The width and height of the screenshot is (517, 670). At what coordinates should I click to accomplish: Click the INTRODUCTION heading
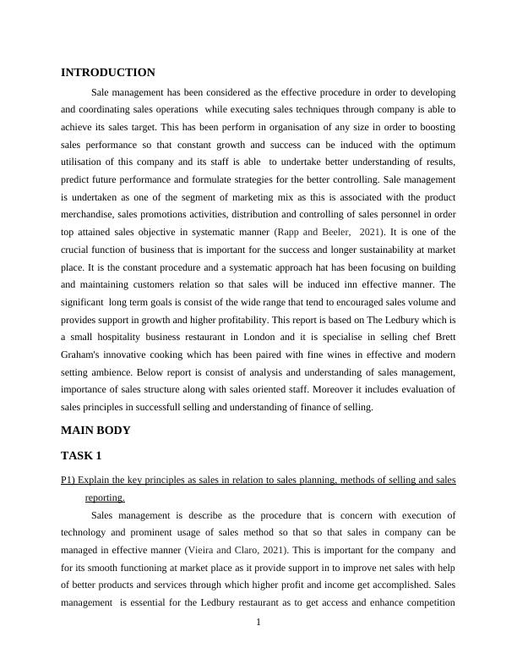pos(108,73)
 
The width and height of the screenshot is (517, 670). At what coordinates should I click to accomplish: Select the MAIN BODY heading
pos(96,431)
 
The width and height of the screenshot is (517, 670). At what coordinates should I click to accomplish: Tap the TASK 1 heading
pos(82,456)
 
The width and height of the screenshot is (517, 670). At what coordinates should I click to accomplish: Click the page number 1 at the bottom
pos(258,623)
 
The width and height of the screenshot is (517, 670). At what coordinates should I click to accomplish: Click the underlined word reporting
pos(105,498)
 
